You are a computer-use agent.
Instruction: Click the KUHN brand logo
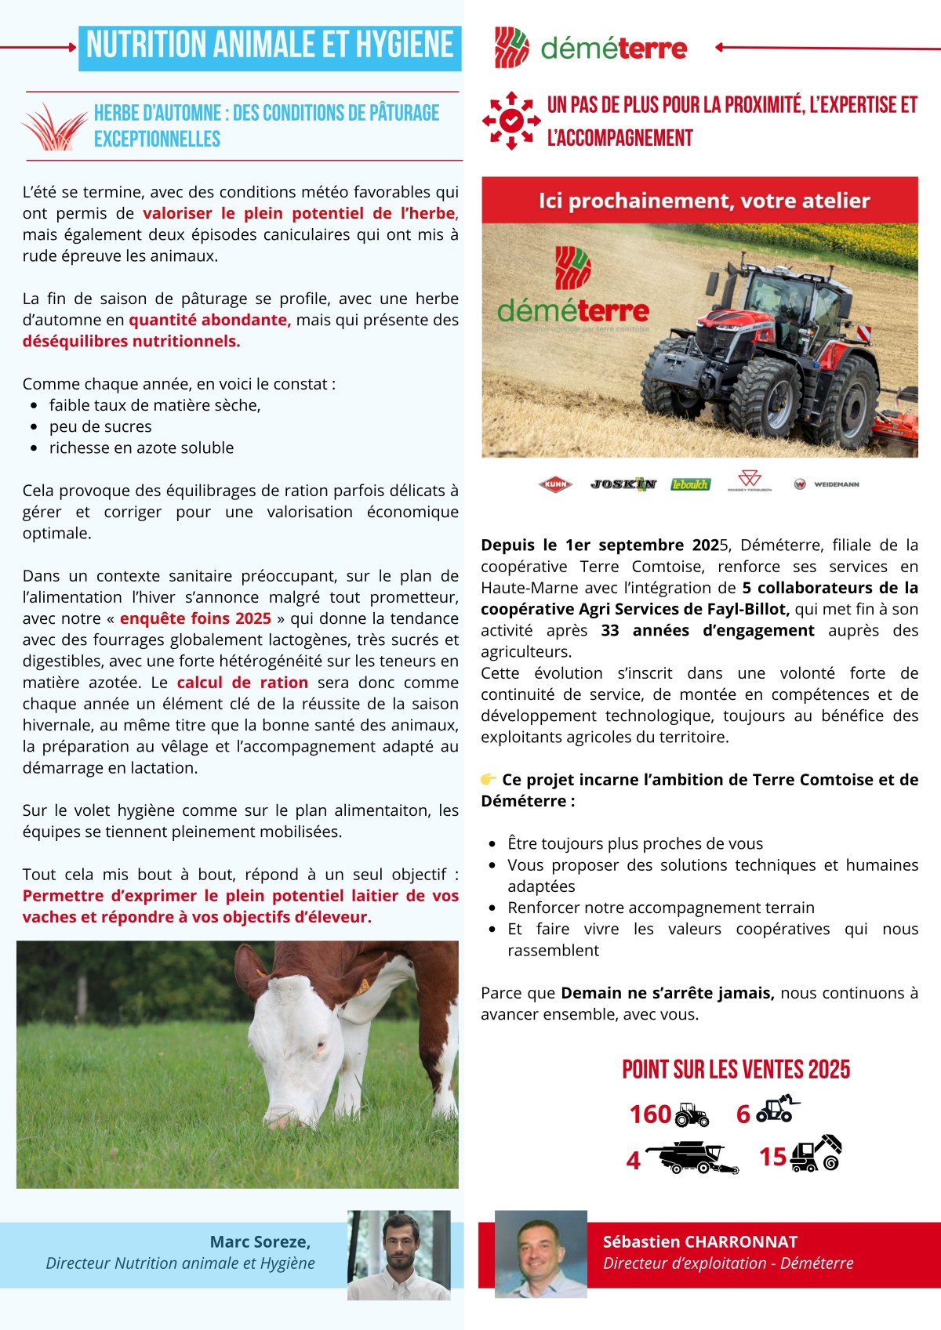coord(555,484)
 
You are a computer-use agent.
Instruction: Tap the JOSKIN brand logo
coord(623,484)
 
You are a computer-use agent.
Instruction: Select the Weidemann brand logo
coord(828,484)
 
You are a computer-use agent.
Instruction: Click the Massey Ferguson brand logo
coord(749,480)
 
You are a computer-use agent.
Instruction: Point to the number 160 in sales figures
coord(650,1114)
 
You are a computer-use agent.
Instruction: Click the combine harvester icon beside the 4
coord(693,1157)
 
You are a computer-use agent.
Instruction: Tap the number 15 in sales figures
coord(772,1156)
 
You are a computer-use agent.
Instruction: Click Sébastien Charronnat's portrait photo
coord(541,1254)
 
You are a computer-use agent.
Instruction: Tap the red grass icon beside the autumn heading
coord(53,127)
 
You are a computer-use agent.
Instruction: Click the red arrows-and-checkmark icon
coord(511,121)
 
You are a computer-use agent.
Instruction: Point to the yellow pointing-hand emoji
coord(489,779)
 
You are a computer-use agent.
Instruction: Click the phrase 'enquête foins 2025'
coord(195,618)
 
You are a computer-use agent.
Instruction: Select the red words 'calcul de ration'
coord(242,683)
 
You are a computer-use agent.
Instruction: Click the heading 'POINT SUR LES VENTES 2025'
coord(736,1070)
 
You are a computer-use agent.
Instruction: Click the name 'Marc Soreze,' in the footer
coord(260,1241)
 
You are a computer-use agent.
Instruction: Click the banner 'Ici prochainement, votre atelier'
coord(703,201)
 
